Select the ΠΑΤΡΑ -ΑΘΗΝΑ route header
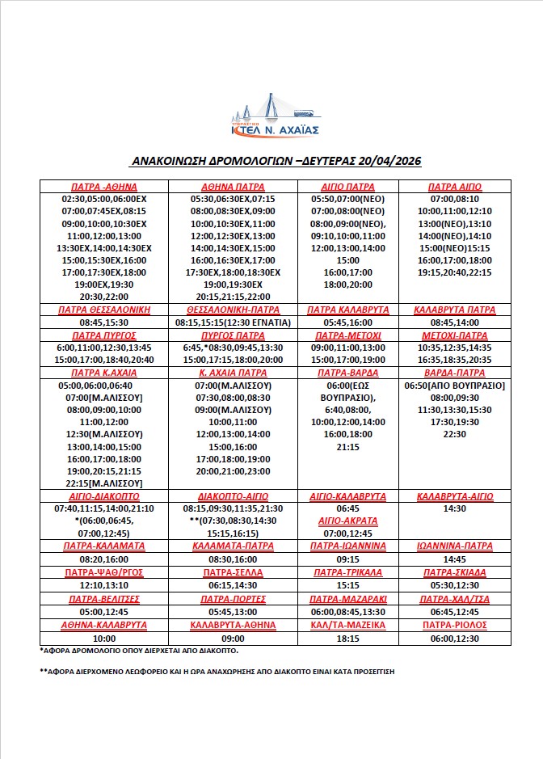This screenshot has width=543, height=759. (103, 186)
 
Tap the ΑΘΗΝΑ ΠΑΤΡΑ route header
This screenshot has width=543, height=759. (233, 186)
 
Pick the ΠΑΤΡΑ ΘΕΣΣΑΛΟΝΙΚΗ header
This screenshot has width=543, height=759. (103, 310)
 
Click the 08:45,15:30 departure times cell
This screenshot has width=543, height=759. (103, 323)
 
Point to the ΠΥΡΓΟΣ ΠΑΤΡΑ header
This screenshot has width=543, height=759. (233, 335)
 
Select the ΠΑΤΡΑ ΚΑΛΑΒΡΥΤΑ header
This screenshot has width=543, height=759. (348, 310)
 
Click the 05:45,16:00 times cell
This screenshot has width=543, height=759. (348, 323)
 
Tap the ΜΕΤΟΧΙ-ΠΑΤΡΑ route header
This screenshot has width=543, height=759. (454, 335)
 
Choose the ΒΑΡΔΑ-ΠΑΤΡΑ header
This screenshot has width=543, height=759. (454, 373)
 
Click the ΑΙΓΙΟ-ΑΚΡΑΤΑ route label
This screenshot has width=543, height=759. (348, 521)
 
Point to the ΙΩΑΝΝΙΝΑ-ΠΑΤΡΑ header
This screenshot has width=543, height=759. (454, 546)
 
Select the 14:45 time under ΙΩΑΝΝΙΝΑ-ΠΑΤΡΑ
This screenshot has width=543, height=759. (454, 559)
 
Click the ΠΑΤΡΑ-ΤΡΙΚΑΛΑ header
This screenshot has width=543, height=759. (348, 572)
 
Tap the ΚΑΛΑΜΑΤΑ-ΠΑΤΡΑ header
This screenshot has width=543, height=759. (233, 546)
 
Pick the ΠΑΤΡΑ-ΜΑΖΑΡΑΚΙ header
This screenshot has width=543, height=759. (348, 599)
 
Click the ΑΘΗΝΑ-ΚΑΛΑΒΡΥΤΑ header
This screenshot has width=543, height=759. (103, 625)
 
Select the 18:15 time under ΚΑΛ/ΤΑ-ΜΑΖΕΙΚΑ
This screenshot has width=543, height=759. (348, 638)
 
